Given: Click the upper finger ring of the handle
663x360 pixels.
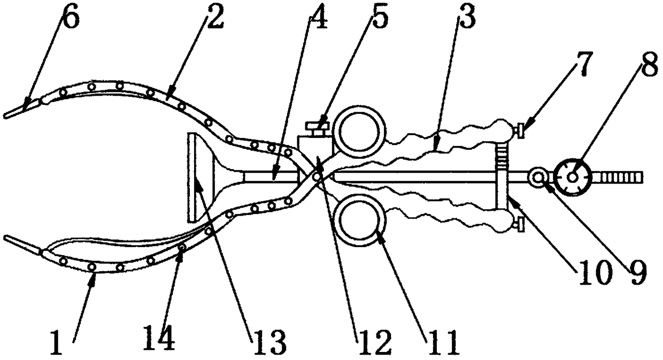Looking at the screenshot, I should coord(360,131).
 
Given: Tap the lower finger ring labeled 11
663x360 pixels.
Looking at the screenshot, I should coord(360,218).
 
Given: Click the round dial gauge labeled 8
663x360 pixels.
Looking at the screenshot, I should coord(572,177).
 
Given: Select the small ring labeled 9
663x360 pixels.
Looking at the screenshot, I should coord(538,177).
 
